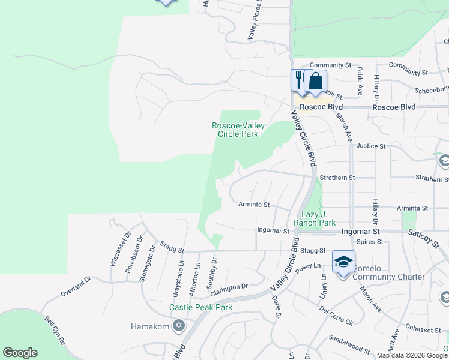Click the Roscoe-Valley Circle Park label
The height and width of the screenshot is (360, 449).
[x=235, y=130]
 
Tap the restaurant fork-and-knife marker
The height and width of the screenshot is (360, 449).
[x=298, y=79]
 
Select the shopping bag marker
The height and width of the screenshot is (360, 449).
[x=315, y=80]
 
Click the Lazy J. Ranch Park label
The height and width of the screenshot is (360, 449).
[x=318, y=218]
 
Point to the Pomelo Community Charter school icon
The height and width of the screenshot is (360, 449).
[x=343, y=262]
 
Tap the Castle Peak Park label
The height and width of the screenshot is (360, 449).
[x=200, y=307]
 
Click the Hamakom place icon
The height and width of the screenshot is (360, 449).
[x=178, y=326]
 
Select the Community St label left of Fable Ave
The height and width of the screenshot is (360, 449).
[x=330, y=65]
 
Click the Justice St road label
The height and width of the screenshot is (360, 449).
[x=370, y=146]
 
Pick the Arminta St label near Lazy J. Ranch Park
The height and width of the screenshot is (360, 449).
[x=255, y=205]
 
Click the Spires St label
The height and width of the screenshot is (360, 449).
[x=370, y=242]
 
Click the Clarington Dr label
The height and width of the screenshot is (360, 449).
[x=229, y=287]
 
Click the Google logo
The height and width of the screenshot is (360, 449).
[x=20, y=353]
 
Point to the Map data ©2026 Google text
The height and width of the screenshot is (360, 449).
[x=412, y=355]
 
